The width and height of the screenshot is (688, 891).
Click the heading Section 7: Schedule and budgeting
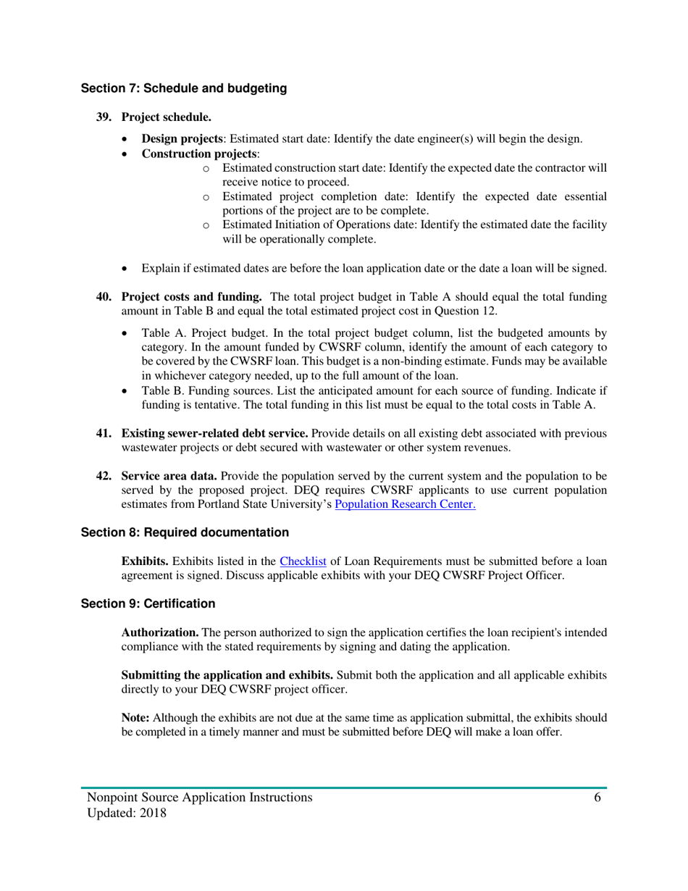click(x=183, y=89)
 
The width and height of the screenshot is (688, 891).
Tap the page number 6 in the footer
click(x=597, y=798)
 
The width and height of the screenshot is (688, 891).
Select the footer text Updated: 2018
click(x=127, y=813)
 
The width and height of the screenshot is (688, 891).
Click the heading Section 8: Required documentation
click(x=185, y=532)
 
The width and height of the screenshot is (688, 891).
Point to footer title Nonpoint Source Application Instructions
click(x=200, y=798)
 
